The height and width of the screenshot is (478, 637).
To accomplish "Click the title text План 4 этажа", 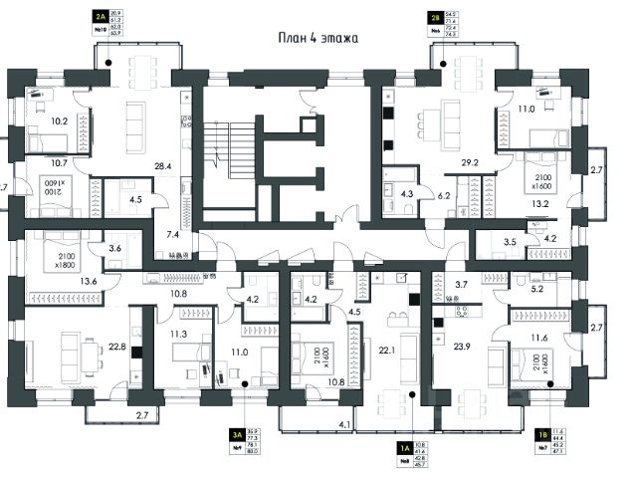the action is pyautogui.click(x=317, y=39).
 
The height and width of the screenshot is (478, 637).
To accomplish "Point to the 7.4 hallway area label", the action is pyautogui.click(x=174, y=233).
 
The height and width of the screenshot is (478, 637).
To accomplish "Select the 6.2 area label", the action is pyautogui.click(x=445, y=197).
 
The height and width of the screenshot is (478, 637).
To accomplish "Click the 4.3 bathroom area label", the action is pyautogui.click(x=406, y=194).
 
